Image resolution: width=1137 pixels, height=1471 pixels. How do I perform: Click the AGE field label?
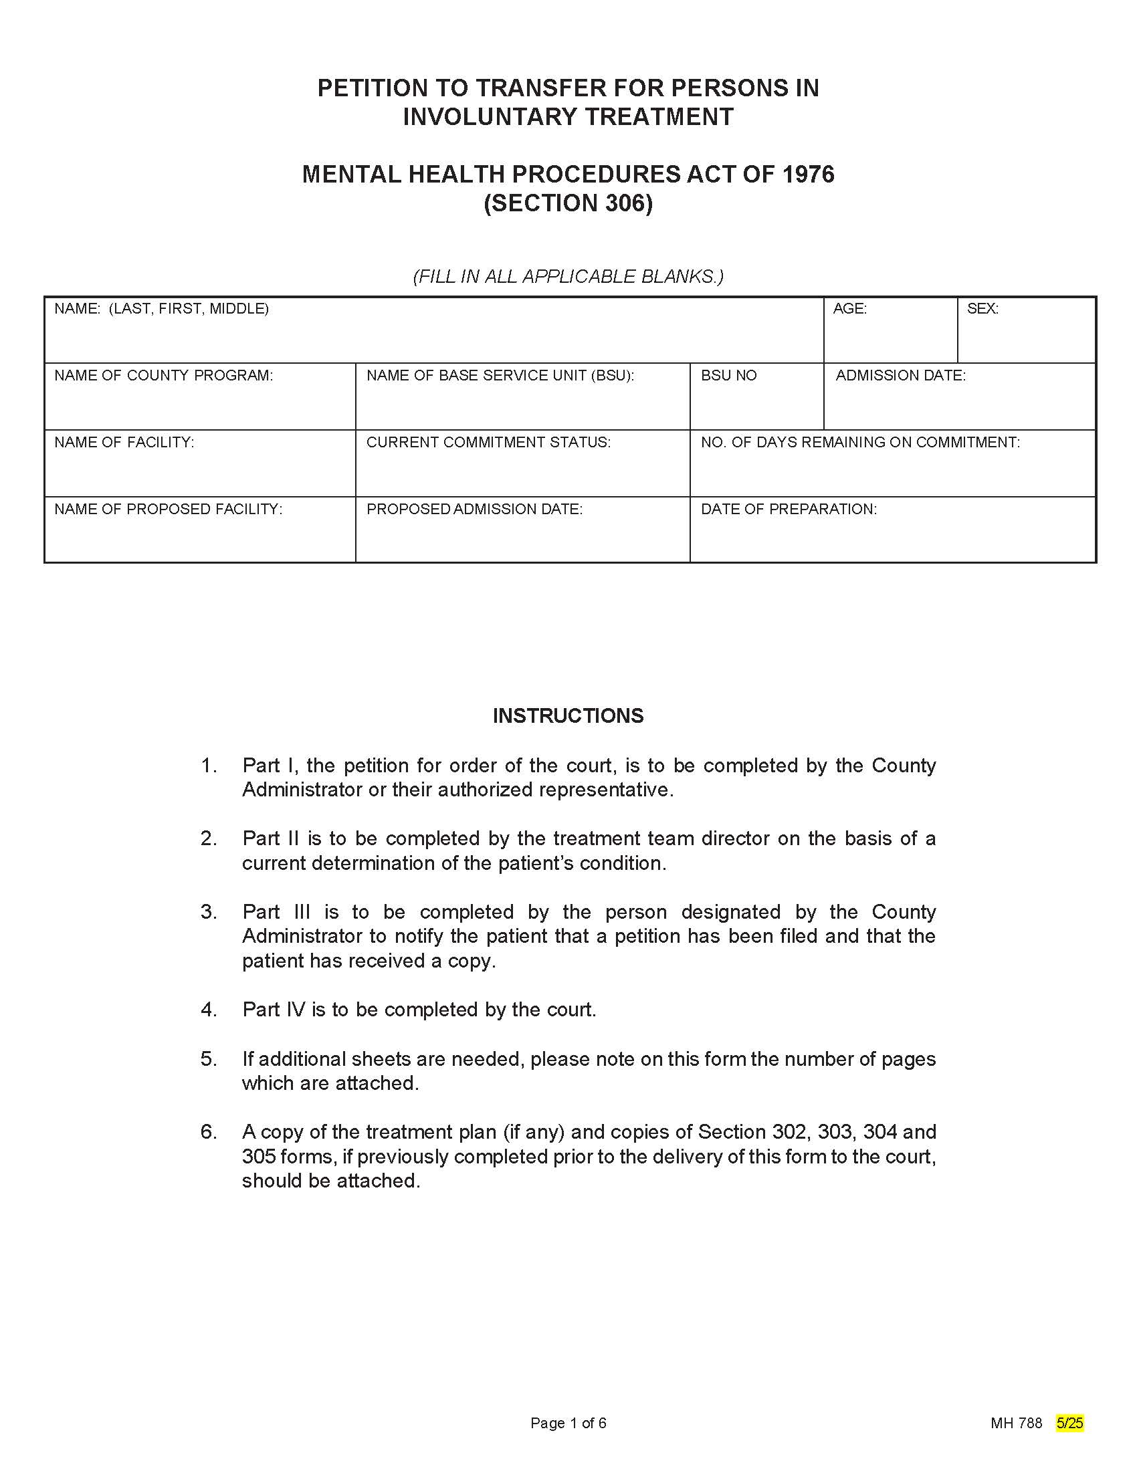(x=849, y=308)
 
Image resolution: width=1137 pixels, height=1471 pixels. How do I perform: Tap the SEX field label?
(x=982, y=308)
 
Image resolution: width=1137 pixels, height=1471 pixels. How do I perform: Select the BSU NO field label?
(x=728, y=375)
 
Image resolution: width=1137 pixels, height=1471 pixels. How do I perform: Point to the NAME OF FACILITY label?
(x=124, y=442)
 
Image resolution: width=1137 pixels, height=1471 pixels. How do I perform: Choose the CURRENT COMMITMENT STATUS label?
(x=488, y=442)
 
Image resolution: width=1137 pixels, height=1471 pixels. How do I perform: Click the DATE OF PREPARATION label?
(x=788, y=509)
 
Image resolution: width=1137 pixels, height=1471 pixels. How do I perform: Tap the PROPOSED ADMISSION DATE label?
(x=474, y=509)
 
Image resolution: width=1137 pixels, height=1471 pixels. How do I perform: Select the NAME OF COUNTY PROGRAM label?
(x=164, y=375)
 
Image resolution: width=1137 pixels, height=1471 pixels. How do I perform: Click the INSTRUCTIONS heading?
(x=568, y=715)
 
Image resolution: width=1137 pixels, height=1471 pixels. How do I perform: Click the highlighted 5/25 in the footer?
(x=1069, y=1422)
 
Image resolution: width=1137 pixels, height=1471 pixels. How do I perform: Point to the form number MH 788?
(x=1016, y=1422)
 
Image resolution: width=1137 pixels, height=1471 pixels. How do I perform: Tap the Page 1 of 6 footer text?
(x=568, y=1422)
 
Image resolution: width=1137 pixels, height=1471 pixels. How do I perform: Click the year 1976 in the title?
(x=808, y=175)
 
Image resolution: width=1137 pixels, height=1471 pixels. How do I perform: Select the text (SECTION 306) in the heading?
(x=568, y=203)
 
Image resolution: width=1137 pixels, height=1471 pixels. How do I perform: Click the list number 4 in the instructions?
(x=208, y=1009)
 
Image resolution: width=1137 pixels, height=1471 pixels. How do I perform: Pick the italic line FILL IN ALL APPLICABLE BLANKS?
(x=568, y=276)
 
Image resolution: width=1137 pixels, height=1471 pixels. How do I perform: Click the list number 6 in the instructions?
(x=208, y=1131)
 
